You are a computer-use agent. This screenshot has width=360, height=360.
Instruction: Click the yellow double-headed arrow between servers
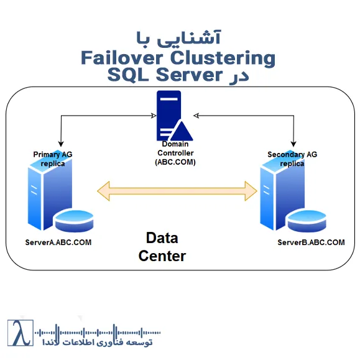[180, 191]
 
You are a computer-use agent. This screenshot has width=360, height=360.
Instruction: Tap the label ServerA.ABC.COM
[58, 242]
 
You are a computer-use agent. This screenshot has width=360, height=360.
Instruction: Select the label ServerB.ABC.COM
[311, 242]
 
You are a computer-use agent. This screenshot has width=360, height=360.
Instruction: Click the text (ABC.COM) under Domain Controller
[175, 162]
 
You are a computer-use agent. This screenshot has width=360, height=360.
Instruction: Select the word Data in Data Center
[162, 238]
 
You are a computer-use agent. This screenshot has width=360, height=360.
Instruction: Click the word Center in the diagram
[162, 255]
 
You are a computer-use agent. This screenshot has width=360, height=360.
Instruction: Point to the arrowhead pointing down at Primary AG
[60, 144]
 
